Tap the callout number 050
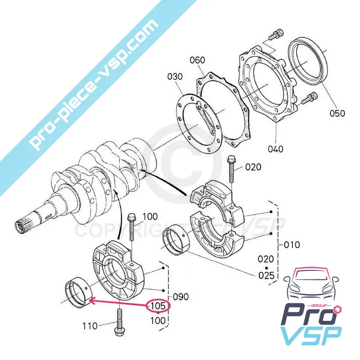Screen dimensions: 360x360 pos(336,112)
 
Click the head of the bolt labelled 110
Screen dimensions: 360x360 pos(118,333)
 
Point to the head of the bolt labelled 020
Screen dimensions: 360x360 pos(231,160)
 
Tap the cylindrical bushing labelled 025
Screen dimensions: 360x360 pos(176,244)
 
